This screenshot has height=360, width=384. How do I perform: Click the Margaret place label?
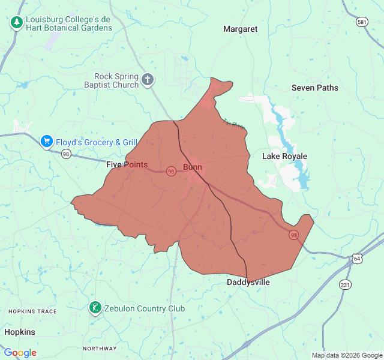click(240, 29)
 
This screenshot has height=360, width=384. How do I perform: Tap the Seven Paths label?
click(314, 88)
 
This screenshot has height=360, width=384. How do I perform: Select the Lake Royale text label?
click(284, 157)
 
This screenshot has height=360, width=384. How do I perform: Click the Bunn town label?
click(193, 167)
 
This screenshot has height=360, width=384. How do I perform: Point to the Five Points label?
click(127, 164)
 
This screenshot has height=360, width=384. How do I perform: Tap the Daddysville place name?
click(248, 282)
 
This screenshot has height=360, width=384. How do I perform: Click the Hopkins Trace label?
click(32, 311)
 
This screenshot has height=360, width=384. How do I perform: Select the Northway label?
click(100, 349)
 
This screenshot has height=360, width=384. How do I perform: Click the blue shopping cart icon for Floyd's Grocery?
click(46, 142)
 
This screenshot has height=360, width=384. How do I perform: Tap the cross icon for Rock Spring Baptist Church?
click(148, 79)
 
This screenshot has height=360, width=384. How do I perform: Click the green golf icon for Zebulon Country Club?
click(95, 308)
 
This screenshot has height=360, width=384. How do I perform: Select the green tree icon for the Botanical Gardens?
click(17, 23)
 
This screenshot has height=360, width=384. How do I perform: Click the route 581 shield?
click(362, 22)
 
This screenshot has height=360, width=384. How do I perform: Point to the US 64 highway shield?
click(358, 259)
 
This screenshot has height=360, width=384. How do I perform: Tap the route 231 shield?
click(345, 284)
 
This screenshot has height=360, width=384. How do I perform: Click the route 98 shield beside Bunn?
click(172, 172)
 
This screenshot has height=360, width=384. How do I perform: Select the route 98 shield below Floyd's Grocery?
click(66, 154)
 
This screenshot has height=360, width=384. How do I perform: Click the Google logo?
click(20, 353)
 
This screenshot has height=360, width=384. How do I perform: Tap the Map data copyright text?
click(347, 355)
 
